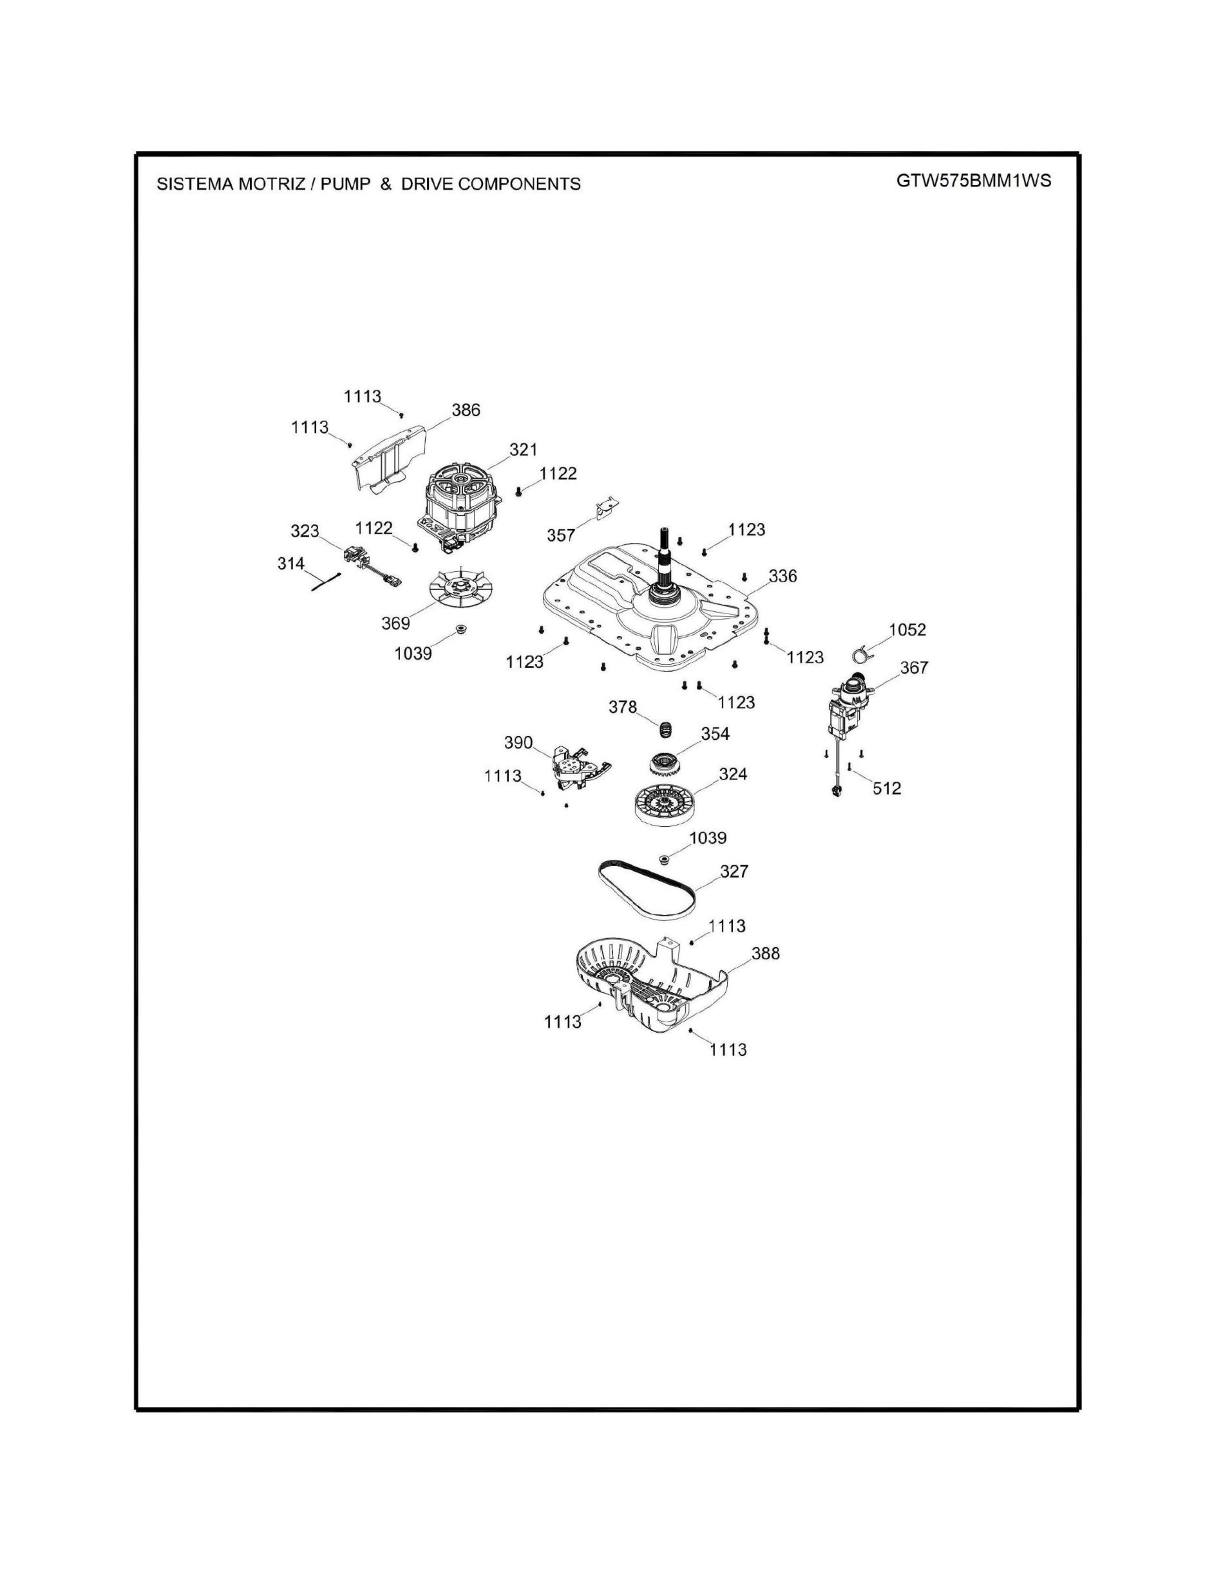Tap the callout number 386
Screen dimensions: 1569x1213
[466, 410]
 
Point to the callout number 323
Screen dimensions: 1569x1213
[305, 531]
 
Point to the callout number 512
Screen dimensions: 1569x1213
[887, 788]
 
